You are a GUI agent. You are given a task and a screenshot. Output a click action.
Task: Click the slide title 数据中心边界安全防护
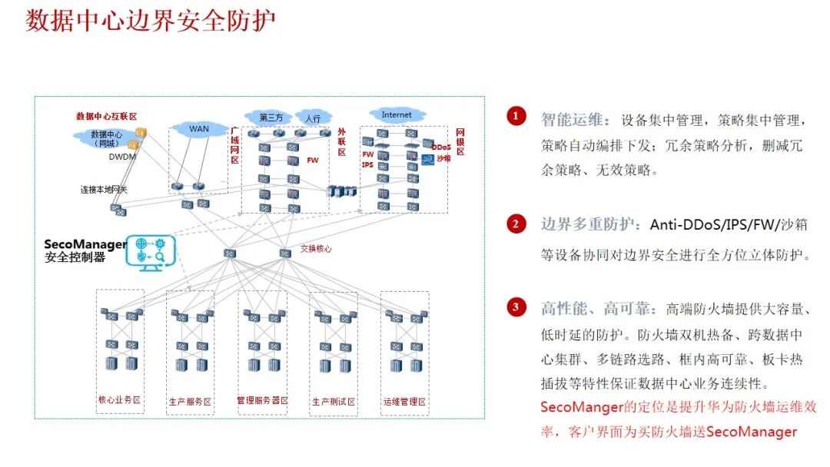151,21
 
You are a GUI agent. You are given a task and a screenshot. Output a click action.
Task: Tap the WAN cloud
199,128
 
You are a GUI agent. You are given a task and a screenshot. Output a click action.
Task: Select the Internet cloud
397,115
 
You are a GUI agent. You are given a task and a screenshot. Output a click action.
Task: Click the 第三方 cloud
271,118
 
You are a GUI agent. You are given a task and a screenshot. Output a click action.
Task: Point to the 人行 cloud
313,119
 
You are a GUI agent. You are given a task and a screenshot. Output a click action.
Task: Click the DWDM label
121,157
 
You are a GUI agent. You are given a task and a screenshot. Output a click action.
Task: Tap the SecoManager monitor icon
151,253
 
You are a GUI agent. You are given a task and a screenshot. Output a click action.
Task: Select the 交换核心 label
316,249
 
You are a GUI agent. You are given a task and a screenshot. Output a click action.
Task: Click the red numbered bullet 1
516,116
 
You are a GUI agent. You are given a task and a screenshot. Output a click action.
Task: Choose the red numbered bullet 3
516,307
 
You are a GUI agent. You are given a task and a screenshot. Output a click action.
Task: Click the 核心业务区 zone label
120,401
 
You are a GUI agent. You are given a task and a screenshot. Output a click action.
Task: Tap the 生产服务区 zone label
190,402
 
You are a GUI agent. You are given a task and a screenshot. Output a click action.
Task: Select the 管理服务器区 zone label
262,401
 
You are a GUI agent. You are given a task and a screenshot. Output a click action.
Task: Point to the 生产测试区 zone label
334,402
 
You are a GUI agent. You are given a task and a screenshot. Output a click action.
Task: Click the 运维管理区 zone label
404,402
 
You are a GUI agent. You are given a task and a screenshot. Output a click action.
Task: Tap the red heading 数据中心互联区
106,117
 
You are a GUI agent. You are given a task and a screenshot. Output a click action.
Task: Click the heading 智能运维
574,120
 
